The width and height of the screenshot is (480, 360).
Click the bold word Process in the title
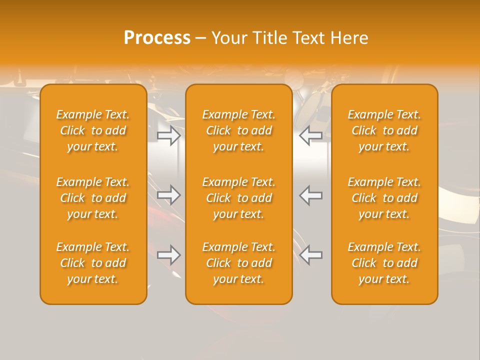157,38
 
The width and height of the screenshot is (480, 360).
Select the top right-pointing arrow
168,135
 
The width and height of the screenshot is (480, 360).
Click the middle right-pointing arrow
168,195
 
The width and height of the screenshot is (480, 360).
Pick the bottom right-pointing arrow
168,255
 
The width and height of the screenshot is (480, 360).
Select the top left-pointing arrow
311,135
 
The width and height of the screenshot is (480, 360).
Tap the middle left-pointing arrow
311,195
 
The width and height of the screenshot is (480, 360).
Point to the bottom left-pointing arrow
311,255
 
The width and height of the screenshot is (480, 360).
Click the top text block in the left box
93,130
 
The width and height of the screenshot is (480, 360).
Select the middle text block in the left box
93,198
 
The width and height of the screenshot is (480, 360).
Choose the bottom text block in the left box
93,263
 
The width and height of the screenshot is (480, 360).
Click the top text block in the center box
238,130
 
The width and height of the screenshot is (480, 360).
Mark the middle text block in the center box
238,198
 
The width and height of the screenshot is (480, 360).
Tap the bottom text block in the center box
238,263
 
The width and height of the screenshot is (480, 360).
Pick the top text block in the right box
384,130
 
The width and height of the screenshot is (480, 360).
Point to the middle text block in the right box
384,198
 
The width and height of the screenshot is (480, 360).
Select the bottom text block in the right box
384,263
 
